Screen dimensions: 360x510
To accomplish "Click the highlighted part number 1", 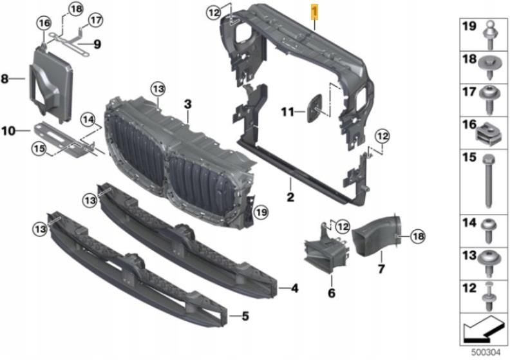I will coord(314,12).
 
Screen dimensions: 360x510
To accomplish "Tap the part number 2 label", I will coord(290,196).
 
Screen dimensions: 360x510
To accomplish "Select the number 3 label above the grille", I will coord(187,104).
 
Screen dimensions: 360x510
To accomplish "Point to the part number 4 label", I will coord(294,289).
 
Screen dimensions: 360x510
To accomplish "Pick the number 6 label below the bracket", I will coord(332,294).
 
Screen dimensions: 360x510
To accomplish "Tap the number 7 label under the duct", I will coord(381,267).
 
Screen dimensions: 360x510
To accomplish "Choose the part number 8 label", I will coord(5,79).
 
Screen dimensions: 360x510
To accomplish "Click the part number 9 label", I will coord(97,44).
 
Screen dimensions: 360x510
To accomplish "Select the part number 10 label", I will coord(8,131).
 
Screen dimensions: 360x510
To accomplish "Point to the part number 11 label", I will coord(287,112).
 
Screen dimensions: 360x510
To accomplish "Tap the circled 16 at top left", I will coord(43,23).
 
